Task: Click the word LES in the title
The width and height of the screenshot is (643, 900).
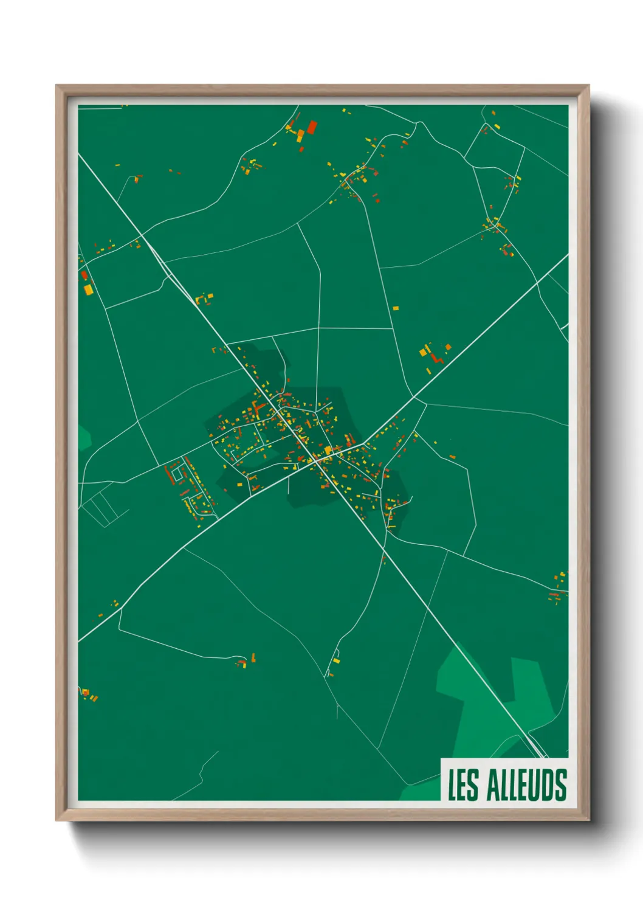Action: coord(464,784)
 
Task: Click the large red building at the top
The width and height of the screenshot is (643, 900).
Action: coord(312,127)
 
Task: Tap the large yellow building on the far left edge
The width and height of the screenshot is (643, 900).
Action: coord(88,289)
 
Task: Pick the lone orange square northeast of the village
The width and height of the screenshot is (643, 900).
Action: coord(396,308)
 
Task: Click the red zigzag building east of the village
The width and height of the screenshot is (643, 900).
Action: coord(435,356)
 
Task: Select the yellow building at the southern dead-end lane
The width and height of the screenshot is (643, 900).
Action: coord(336,660)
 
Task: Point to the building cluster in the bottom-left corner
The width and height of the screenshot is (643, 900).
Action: coord(89,694)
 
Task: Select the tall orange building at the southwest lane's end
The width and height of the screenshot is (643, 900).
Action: coord(253,657)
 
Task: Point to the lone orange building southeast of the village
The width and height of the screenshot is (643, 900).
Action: coord(452,456)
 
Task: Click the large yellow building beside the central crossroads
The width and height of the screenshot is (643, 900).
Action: coord(328,450)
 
